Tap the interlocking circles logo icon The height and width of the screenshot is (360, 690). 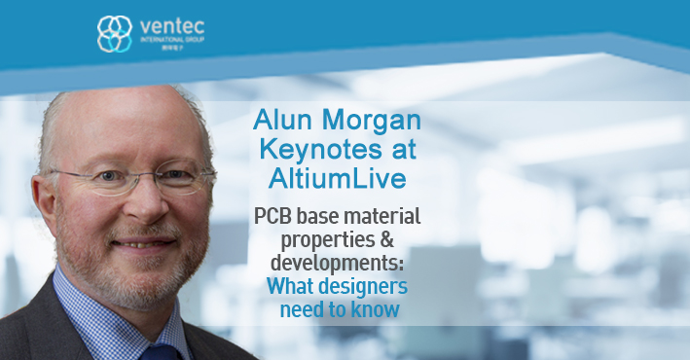(x=114, y=33)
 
